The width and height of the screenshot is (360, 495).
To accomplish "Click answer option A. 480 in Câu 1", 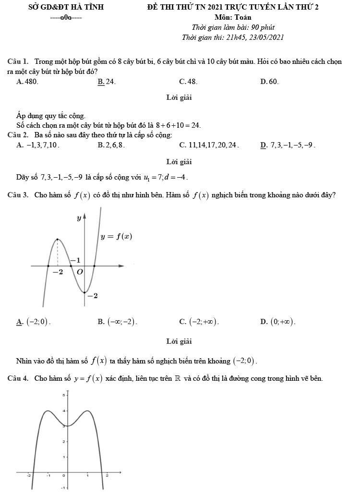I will click(27, 82).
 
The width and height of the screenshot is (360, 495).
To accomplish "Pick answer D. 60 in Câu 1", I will click(269, 82).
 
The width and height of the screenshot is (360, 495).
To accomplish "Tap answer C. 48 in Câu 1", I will click(188, 82).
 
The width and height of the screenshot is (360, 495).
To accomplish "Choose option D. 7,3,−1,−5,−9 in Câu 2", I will click(288, 145).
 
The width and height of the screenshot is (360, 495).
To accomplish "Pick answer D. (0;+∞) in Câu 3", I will click(278, 322).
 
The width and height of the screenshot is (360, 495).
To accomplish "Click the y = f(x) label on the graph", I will click(116, 236).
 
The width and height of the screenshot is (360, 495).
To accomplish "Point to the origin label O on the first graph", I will click(80, 272).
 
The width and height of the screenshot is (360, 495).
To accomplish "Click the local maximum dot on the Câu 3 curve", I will click(58, 239).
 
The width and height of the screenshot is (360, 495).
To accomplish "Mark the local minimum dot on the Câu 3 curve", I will click(84, 292).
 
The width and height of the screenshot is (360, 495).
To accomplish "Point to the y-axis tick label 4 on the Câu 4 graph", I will click(63, 411).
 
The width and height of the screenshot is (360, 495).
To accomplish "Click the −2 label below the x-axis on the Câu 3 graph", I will click(58, 272).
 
